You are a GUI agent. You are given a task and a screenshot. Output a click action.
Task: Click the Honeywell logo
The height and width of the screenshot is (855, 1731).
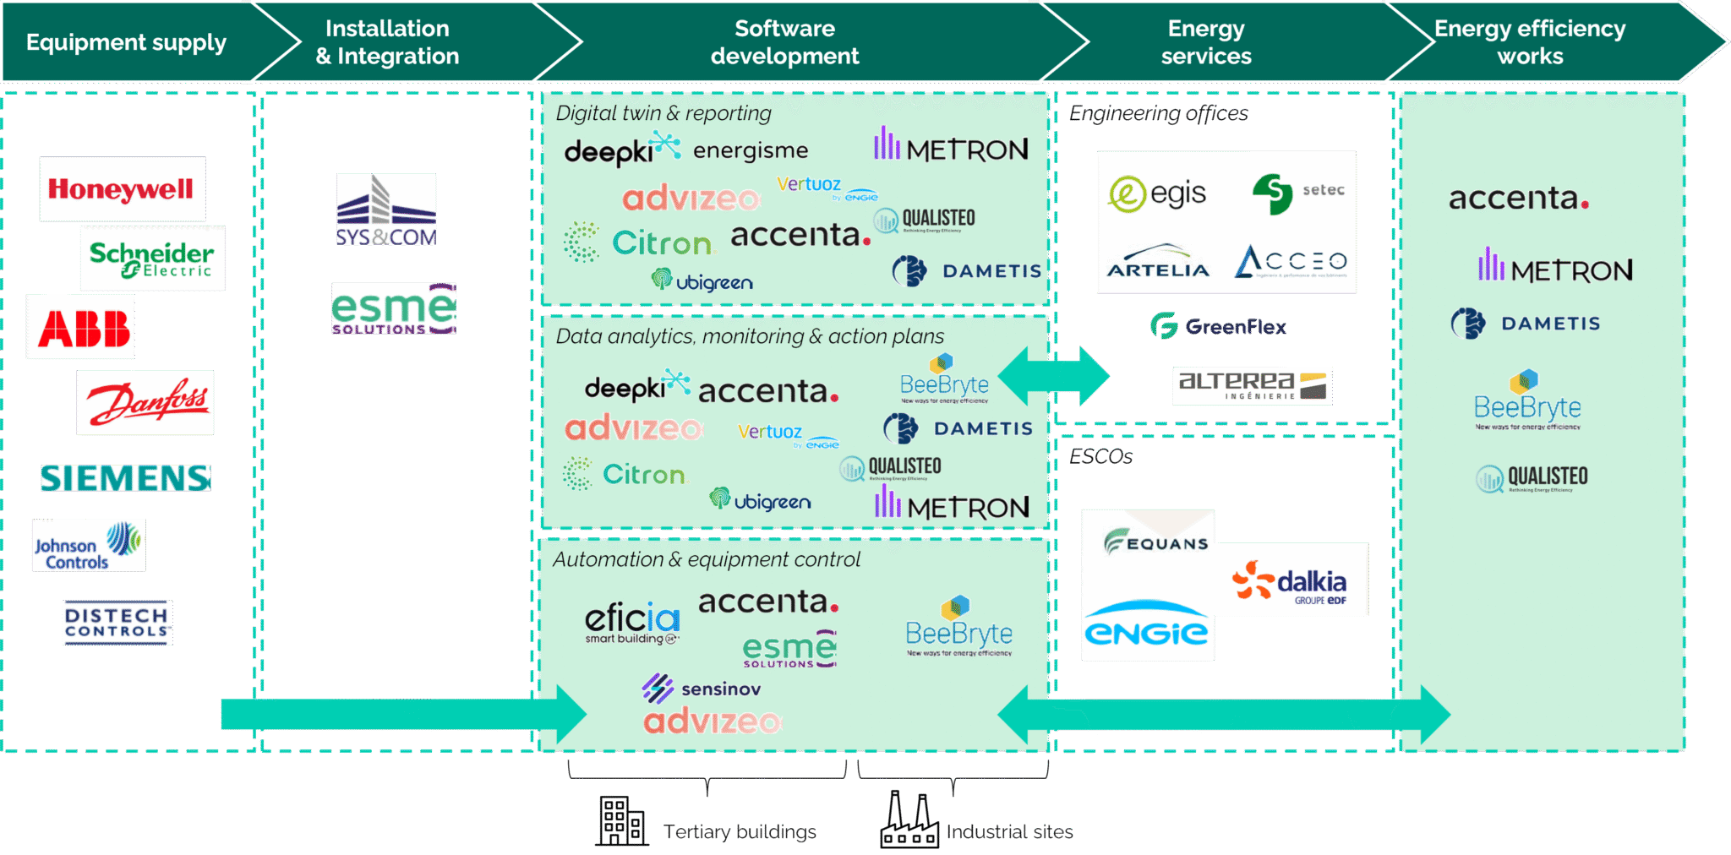[122, 189]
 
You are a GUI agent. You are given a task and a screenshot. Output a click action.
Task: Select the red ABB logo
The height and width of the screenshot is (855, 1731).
[81, 327]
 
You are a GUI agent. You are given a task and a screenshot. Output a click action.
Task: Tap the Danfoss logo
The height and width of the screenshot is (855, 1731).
[145, 402]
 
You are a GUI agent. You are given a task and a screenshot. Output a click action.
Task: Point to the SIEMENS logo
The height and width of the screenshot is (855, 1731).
[125, 478]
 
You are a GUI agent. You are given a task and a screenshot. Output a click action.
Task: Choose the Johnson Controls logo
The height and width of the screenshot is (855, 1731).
[89, 545]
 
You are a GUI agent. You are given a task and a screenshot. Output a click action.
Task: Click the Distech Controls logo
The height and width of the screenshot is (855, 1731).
[117, 623]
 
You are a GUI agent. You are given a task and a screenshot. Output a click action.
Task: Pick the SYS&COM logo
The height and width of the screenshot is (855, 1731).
[386, 210]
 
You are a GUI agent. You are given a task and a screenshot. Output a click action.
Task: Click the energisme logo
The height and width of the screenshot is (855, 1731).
[751, 150]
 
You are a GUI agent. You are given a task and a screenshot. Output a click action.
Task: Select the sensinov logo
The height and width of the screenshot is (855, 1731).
[702, 689]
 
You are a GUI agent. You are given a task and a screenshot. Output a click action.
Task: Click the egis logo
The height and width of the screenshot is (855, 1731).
[1158, 193]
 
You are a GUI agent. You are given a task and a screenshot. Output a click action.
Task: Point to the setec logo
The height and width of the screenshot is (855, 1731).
[1298, 193]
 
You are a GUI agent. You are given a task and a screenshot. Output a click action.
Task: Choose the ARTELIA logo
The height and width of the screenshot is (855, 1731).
[1158, 262]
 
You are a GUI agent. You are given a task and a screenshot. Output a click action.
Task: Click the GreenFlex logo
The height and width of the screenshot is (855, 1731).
[1218, 326]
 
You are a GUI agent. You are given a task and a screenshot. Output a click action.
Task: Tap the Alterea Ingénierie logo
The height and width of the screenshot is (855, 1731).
[1253, 385]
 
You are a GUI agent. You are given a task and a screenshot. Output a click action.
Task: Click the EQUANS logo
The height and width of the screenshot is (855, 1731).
[1155, 541]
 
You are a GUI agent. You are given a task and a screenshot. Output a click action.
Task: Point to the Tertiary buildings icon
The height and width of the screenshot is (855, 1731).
[621, 821]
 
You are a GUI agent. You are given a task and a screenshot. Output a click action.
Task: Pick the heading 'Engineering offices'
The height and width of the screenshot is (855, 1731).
[1158, 113]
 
